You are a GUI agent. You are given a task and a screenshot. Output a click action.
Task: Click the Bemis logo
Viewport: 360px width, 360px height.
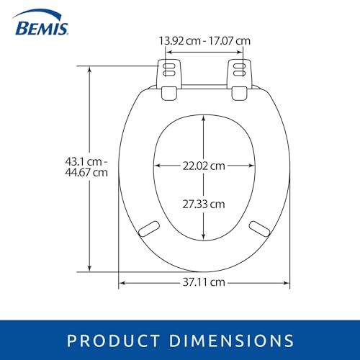41,23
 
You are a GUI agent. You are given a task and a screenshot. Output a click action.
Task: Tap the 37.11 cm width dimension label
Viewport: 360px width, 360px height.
204,282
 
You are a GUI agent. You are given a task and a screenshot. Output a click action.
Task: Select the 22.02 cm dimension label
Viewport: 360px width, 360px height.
204,166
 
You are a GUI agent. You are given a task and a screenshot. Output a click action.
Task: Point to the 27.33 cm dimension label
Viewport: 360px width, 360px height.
204,204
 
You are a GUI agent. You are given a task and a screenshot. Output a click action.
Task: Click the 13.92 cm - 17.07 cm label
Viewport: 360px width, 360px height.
204,41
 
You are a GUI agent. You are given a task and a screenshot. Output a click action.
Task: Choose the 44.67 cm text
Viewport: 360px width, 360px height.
86,173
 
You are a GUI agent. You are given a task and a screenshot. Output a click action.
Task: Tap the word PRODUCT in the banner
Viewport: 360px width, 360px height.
113,341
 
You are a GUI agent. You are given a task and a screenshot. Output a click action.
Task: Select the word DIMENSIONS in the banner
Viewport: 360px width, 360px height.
231,341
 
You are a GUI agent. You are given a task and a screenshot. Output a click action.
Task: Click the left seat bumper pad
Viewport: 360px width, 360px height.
149,229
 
